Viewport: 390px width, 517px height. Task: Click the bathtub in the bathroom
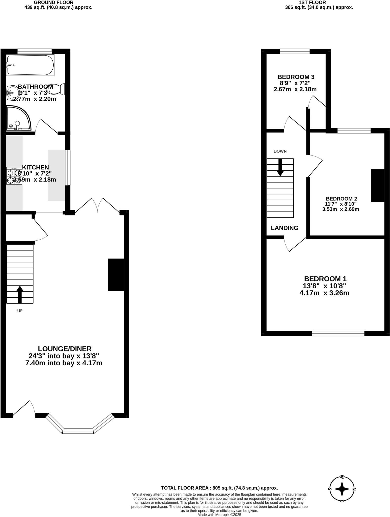pyautogui.click(x=30, y=65)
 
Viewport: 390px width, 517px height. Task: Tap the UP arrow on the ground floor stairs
pyautogui.click(x=20, y=294)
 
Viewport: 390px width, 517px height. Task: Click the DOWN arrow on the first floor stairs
pyautogui.click(x=280, y=167)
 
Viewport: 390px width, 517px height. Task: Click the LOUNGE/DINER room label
pyautogui.click(x=65, y=349)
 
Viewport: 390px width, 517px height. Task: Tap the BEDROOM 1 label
pyautogui.click(x=325, y=279)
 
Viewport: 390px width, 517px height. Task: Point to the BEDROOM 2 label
pyautogui.click(x=341, y=199)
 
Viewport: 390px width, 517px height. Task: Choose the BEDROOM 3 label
pyautogui.click(x=296, y=77)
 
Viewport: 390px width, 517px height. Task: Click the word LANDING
pyautogui.click(x=285, y=228)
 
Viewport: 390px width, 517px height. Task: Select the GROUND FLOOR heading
pyautogui.click(x=54, y=2)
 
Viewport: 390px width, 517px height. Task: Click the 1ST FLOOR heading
pyautogui.click(x=312, y=2)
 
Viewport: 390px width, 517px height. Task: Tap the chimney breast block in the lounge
pyautogui.click(x=116, y=275)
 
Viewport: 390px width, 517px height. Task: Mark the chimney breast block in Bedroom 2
pyautogui.click(x=378, y=186)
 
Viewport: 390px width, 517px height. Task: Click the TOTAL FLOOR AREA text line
pyautogui.click(x=220, y=488)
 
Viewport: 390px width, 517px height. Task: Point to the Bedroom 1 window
pyautogui.click(x=338, y=333)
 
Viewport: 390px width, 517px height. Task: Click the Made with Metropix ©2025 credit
pyautogui.click(x=220, y=515)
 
